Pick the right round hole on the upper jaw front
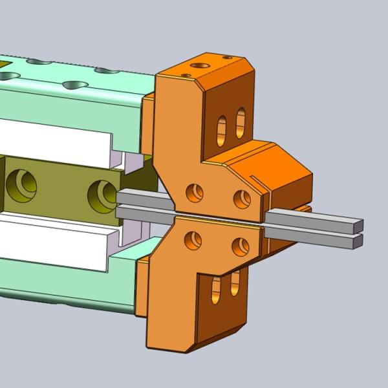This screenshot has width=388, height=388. click(242, 199)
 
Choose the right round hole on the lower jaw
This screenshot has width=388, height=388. click(240, 246)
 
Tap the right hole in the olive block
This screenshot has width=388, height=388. click(102, 193)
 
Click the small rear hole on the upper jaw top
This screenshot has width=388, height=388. click(227, 58)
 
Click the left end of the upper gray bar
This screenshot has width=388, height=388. click(123, 196)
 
